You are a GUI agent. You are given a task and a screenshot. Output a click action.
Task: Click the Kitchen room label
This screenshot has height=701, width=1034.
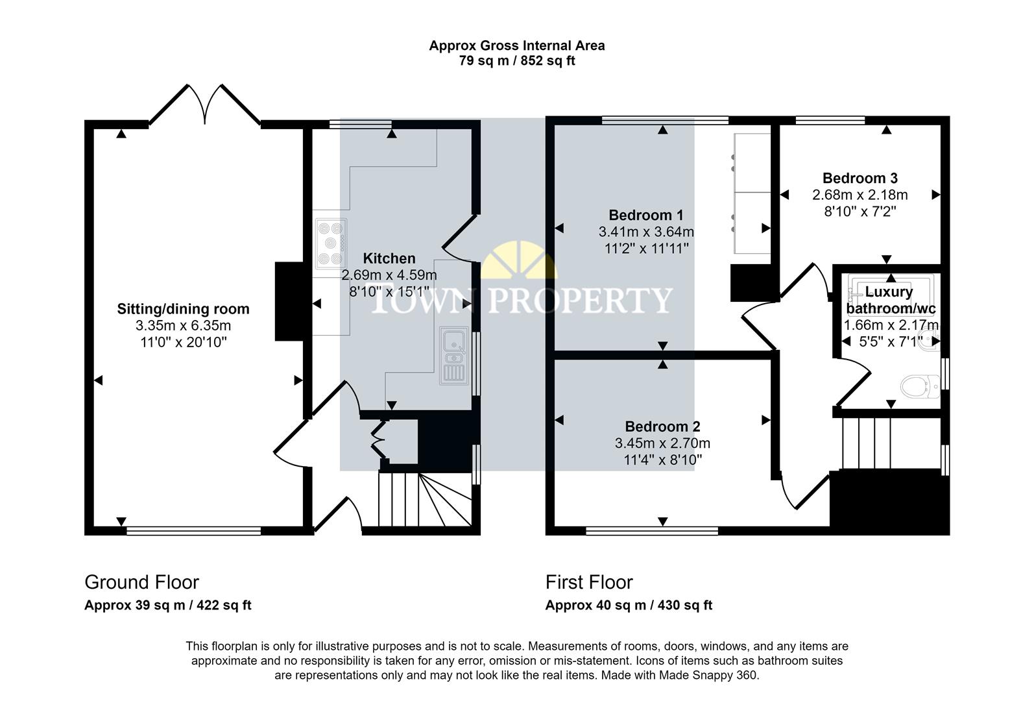click(389, 258)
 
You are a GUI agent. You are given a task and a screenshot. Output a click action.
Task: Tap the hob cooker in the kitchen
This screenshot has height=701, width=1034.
click(331, 243)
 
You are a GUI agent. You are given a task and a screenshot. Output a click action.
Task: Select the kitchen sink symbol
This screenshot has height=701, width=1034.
click(453, 355)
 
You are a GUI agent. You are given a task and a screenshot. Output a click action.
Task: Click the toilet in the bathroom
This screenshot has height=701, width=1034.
click(921, 387)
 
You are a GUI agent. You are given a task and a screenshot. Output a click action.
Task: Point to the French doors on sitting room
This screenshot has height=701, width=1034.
click(205, 104)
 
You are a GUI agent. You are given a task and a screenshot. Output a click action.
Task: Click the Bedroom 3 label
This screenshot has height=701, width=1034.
click(860, 178)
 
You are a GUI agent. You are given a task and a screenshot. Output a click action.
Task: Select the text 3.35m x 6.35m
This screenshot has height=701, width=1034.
click(183, 326)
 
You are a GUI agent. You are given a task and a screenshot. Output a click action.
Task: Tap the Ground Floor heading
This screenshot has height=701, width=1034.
click(141, 582)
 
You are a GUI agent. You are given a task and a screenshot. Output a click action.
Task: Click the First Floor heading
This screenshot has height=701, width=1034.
click(588, 582)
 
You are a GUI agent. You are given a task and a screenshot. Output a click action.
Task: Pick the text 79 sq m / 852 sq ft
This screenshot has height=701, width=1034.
click(517, 61)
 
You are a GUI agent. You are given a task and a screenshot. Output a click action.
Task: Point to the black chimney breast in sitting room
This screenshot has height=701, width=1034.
click(289, 301)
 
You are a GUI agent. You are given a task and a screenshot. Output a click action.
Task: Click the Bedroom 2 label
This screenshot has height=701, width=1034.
click(662, 426)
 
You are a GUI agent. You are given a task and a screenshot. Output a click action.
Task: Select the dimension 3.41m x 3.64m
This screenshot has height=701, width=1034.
click(646, 232)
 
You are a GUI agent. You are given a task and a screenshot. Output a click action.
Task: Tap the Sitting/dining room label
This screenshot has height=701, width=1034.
click(183, 309)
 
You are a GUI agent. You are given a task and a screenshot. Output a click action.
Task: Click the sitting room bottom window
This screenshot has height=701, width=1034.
click(193, 531)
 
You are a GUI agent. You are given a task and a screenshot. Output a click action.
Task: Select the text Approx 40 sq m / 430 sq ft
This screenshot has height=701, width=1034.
click(629, 606)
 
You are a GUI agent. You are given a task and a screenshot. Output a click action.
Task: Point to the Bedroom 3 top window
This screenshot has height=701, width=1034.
click(830, 120)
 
